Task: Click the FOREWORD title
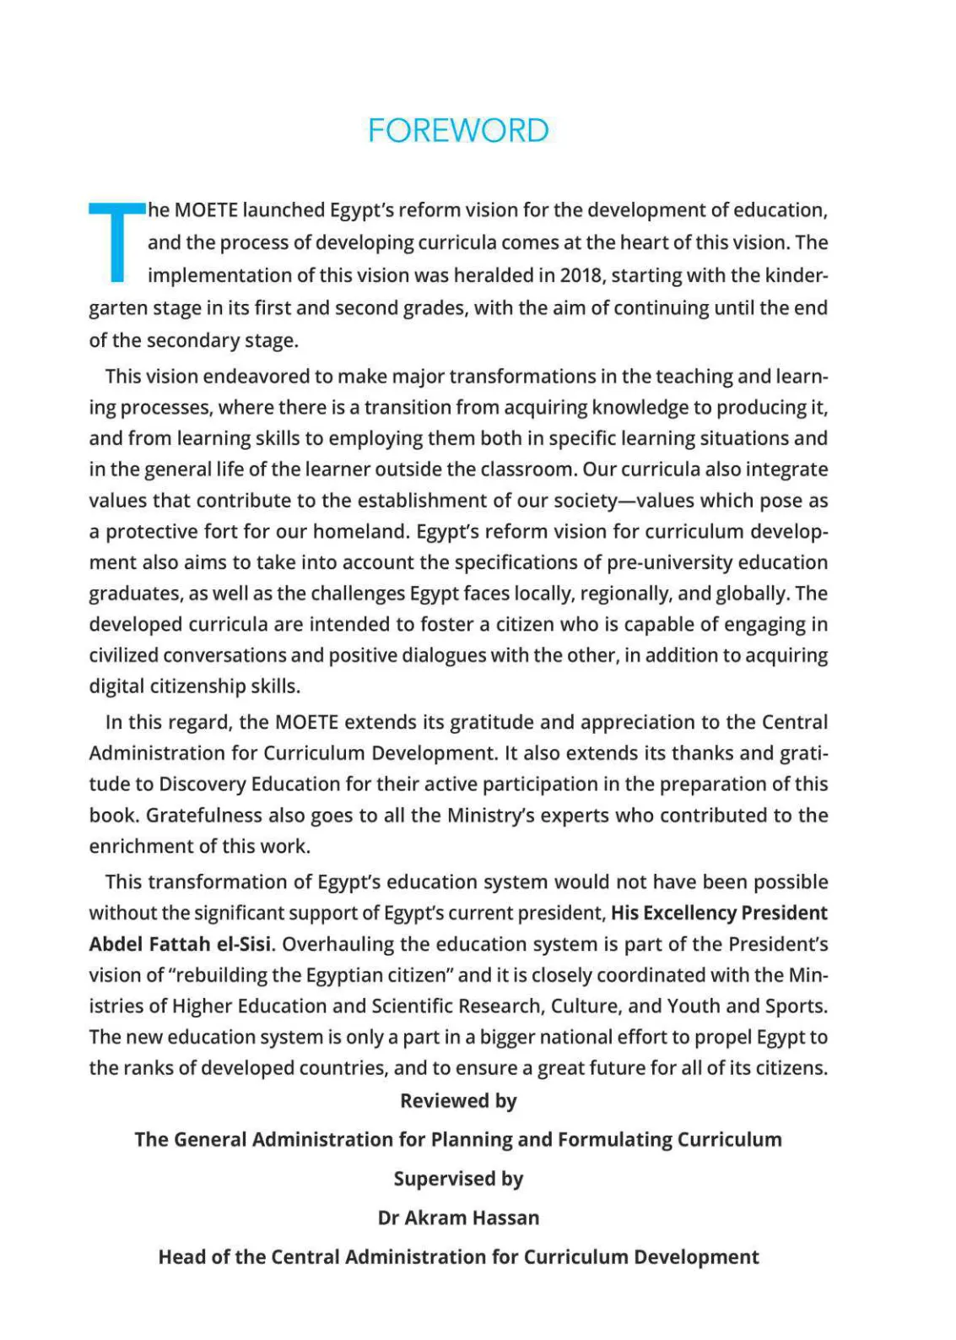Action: tap(458, 131)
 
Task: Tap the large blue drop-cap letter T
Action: tap(116, 241)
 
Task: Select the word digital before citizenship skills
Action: tap(116, 686)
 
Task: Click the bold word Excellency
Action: tap(689, 914)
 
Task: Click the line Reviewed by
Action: tap(458, 1101)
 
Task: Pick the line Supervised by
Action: tap(458, 1179)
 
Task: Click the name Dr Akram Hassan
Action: tap(458, 1218)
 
